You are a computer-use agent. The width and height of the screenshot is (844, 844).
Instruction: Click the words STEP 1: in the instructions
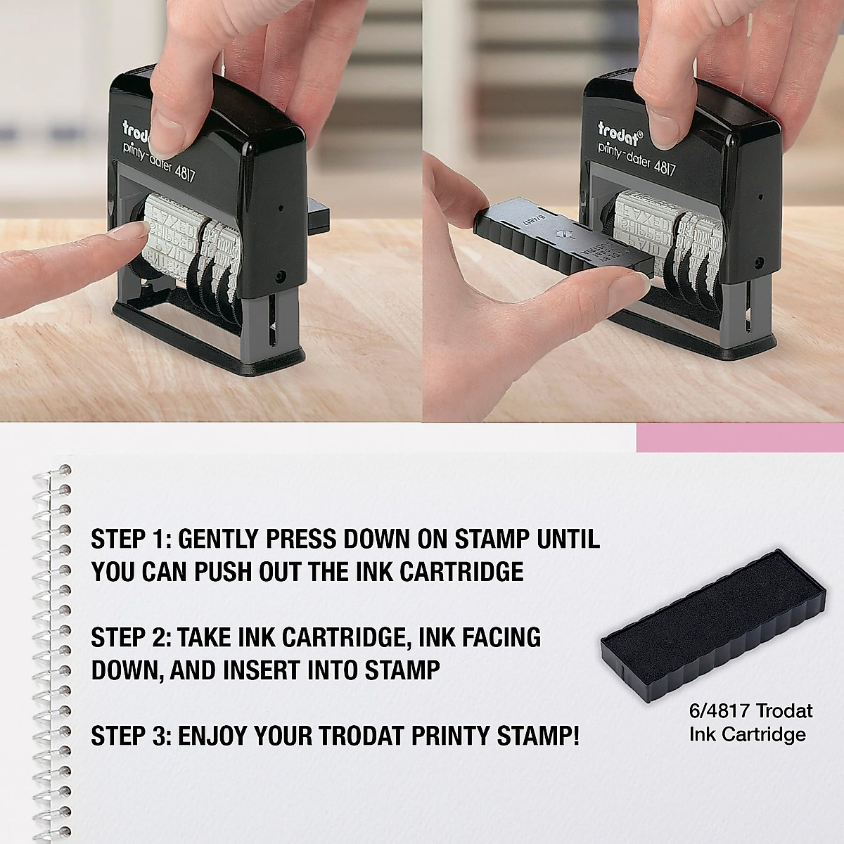[x=131, y=540]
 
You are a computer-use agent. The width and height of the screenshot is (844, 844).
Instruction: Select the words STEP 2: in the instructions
[x=131, y=637]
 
